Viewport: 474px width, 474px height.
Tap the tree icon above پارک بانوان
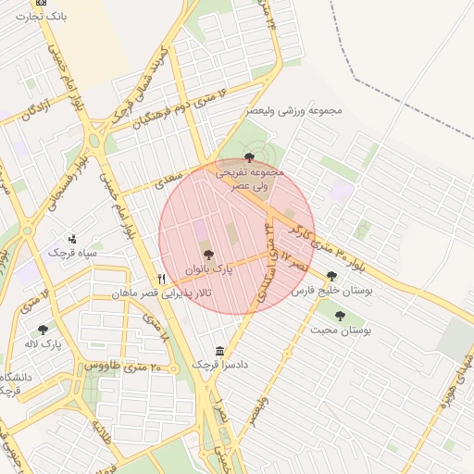(206, 255)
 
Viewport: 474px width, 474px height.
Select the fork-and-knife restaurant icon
(162, 278)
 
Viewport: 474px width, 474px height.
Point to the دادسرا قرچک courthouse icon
(219, 351)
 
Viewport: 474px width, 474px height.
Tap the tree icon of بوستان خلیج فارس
(331, 276)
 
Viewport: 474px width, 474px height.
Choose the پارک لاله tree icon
(43, 330)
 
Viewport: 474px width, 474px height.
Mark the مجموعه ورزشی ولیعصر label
(294, 111)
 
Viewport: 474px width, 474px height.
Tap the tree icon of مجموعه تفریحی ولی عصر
(249, 158)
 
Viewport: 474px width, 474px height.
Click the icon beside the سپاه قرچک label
(73, 239)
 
